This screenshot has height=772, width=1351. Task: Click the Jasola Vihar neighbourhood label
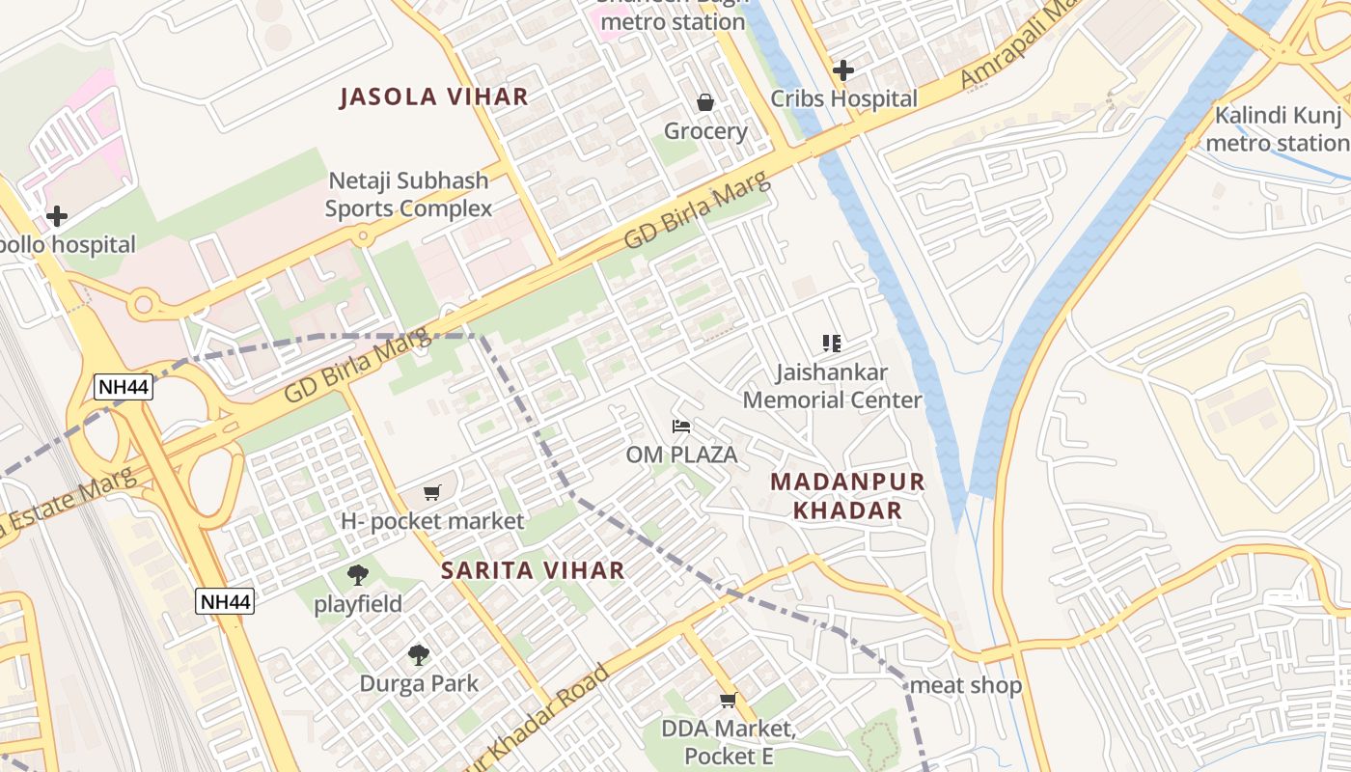pyautogui.click(x=434, y=96)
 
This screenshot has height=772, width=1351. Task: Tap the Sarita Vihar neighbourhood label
pyautogui.click(x=533, y=570)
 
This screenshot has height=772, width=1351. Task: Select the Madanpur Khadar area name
pyautogui.click(x=848, y=496)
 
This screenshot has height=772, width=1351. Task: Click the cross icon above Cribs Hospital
pyautogui.click(x=843, y=69)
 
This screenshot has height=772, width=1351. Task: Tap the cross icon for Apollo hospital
pyautogui.click(x=57, y=215)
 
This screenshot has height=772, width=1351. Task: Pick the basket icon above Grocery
pyautogui.click(x=705, y=102)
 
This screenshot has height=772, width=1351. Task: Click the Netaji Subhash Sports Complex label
pyautogui.click(x=408, y=194)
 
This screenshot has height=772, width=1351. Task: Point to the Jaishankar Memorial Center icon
pyautogui.click(x=832, y=343)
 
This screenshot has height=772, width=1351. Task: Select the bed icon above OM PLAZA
pyautogui.click(x=681, y=426)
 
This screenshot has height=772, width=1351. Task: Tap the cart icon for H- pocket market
pyautogui.click(x=432, y=492)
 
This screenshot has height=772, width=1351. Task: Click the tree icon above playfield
pyautogui.click(x=358, y=575)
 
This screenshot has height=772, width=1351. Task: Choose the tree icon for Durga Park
pyautogui.click(x=419, y=655)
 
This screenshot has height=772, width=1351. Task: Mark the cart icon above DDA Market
pyautogui.click(x=729, y=700)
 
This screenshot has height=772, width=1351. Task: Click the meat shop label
pyautogui.click(x=966, y=685)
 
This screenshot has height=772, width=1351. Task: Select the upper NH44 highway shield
pyautogui.click(x=124, y=388)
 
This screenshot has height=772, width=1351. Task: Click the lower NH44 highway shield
pyautogui.click(x=226, y=602)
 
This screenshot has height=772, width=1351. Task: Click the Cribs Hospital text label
pyautogui.click(x=843, y=98)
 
